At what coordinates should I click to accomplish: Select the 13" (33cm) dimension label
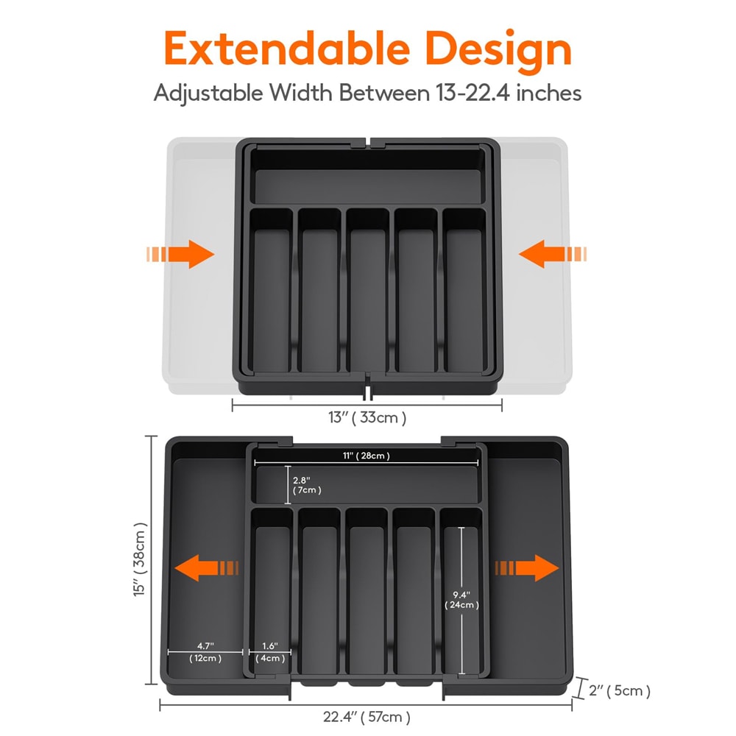[367, 417]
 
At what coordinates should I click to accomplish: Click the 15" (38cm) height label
[140, 561]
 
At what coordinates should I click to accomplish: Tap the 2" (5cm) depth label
[620, 690]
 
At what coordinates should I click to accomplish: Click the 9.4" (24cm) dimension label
[461, 599]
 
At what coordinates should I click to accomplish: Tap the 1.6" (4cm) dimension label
[270, 652]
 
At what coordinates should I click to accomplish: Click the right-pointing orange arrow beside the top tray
[180, 255]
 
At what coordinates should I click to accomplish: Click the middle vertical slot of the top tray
[368, 291]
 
